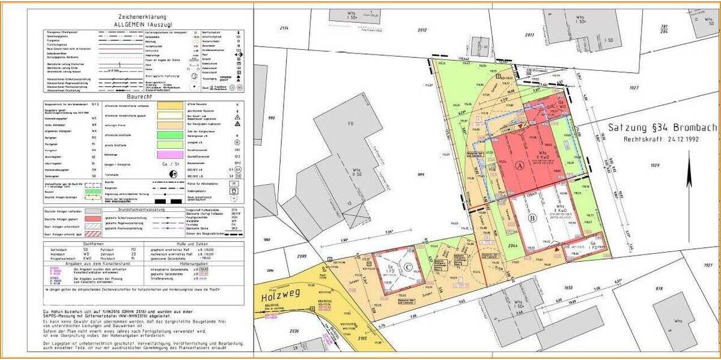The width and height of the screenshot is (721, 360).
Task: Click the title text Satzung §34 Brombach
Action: (x=660, y=127)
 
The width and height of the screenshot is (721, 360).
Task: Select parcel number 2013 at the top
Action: (x=529, y=35)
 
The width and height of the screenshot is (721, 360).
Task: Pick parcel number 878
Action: (x=659, y=290)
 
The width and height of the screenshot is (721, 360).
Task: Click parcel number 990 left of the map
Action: (x=271, y=118)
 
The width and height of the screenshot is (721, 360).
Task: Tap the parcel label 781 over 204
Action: (x=664, y=29)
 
